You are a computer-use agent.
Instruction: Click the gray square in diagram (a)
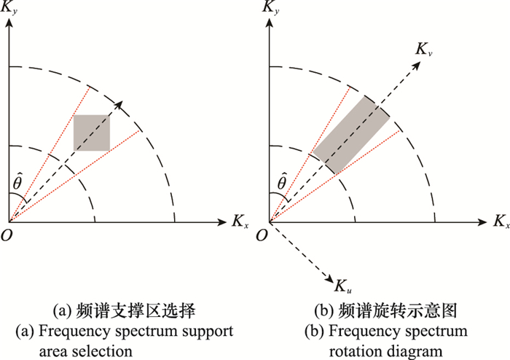[x=92, y=133]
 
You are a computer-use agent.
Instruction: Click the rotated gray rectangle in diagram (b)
[x=352, y=134]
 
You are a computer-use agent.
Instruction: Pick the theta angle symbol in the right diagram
[x=280, y=179]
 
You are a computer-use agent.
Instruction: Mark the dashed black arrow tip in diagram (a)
[x=117, y=104]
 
